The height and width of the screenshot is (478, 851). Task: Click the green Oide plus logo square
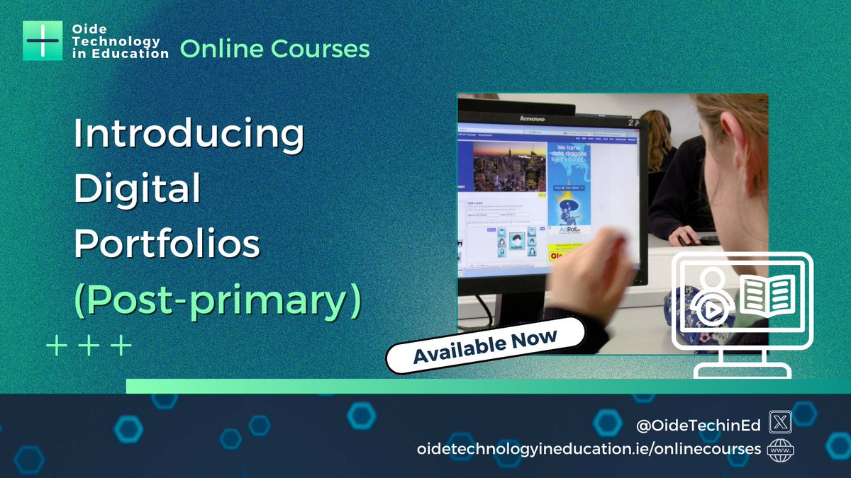tap(43, 40)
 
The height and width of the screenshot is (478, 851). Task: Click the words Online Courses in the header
tap(274, 49)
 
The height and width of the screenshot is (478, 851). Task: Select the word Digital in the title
tap(138, 190)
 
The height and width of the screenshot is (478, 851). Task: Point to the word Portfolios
tap(167, 244)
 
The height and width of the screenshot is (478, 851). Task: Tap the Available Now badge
tap(485, 345)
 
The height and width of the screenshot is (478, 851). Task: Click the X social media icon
tap(780, 425)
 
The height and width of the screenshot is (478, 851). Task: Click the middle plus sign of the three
tap(89, 346)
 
